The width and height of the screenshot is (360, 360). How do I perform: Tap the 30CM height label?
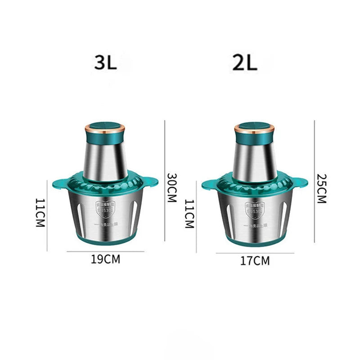171,188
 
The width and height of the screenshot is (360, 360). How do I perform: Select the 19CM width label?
105,260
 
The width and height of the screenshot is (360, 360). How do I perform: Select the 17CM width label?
255,261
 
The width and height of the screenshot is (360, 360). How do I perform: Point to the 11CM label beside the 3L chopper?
41,213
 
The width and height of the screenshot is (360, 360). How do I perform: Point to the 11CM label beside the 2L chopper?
189,214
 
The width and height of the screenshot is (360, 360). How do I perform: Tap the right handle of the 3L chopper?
151,182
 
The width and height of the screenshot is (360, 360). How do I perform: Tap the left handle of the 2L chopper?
209,184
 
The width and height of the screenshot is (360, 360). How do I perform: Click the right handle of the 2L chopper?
301,183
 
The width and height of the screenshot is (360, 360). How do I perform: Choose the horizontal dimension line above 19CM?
105,252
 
